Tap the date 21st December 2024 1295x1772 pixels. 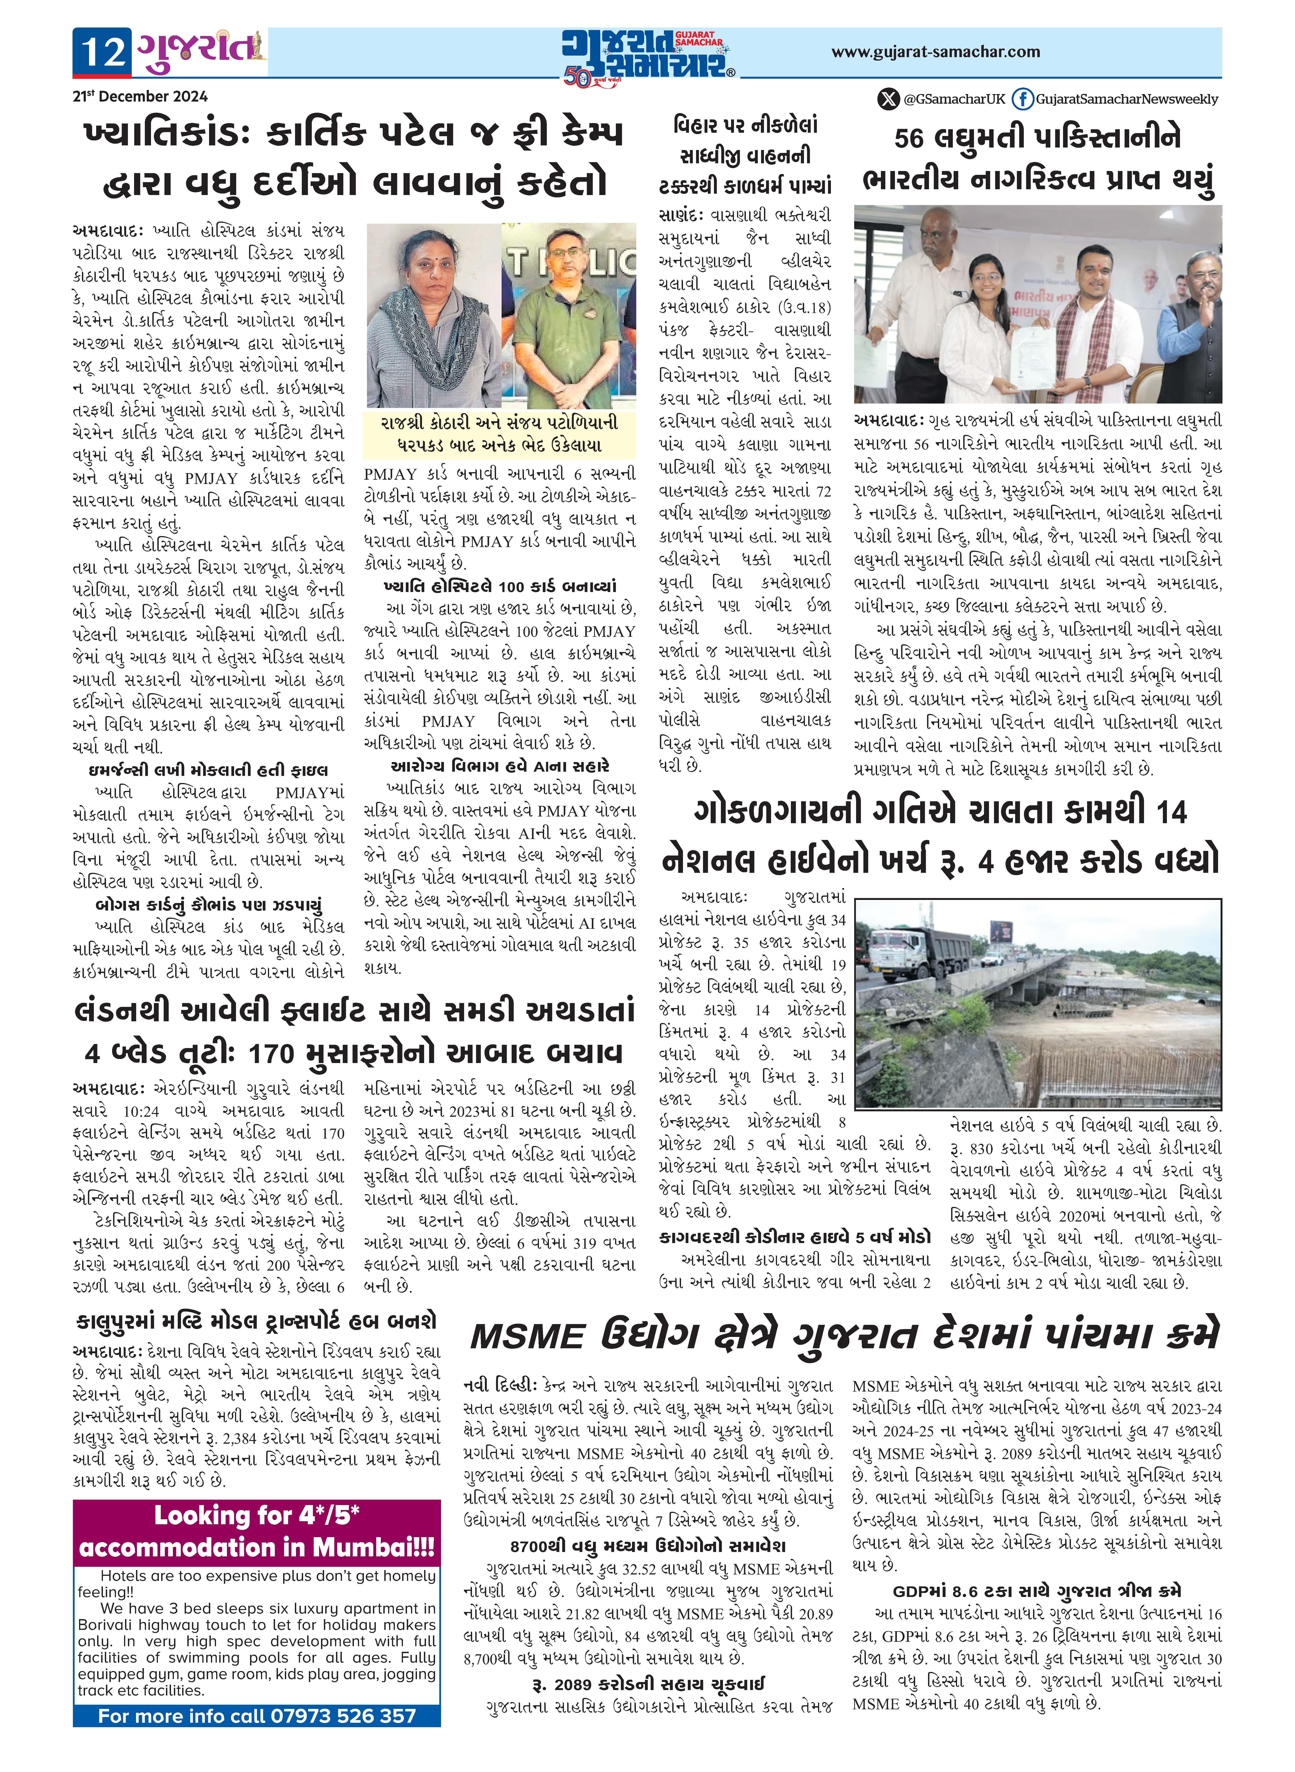tap(139, 96)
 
